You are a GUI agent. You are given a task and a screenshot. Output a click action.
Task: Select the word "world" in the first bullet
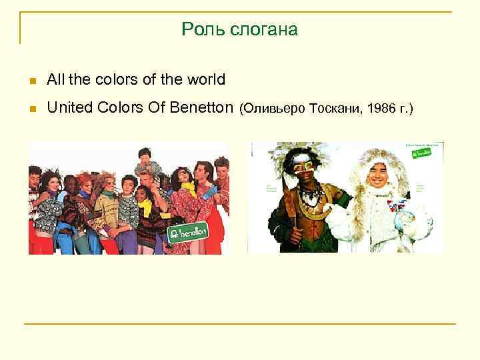click(x=207, y=80)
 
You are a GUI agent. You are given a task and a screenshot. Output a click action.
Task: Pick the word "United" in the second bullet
click(x=69, y=107)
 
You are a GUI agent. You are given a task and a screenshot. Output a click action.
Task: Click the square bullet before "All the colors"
click(x=31, y=81)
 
